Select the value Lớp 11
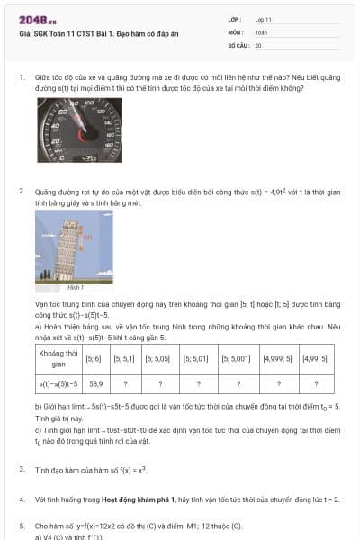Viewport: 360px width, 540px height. [x=263, y=19]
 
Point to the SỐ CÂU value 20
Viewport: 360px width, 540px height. [x=258, y=44]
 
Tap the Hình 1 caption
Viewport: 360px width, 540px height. [x=76, y=287]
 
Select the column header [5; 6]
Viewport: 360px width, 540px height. [x=94, y=358]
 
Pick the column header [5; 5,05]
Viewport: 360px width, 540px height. [x=159, y=358]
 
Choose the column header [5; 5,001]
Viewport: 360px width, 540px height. [x=238, y=358]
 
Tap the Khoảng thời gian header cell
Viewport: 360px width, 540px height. [x=57, y=358]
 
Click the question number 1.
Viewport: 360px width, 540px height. [x=22, y=78]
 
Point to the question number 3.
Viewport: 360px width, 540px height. [x=22, y=470]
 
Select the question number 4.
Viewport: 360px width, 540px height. [x=22, y=498]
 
